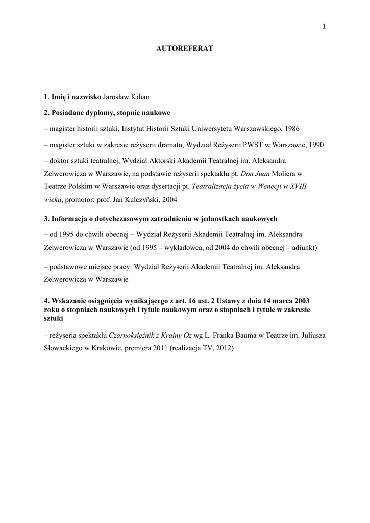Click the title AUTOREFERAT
[184, 48]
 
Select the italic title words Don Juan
[269, 174]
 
